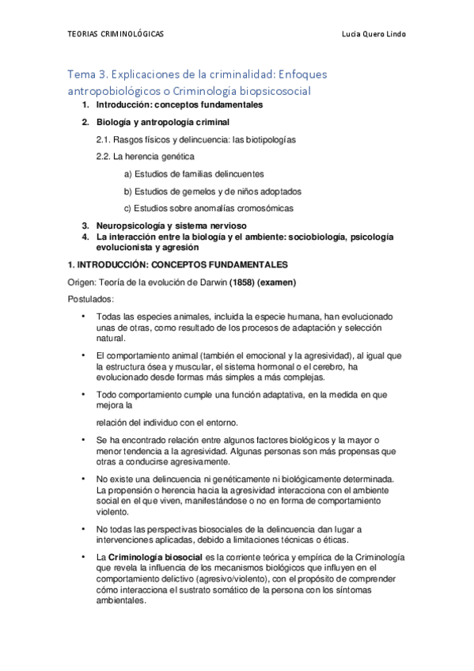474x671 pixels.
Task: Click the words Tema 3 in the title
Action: click(89, 74)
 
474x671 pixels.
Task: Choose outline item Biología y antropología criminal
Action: click(162, 123)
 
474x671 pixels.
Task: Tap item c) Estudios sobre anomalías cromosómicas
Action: click(208, 209)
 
